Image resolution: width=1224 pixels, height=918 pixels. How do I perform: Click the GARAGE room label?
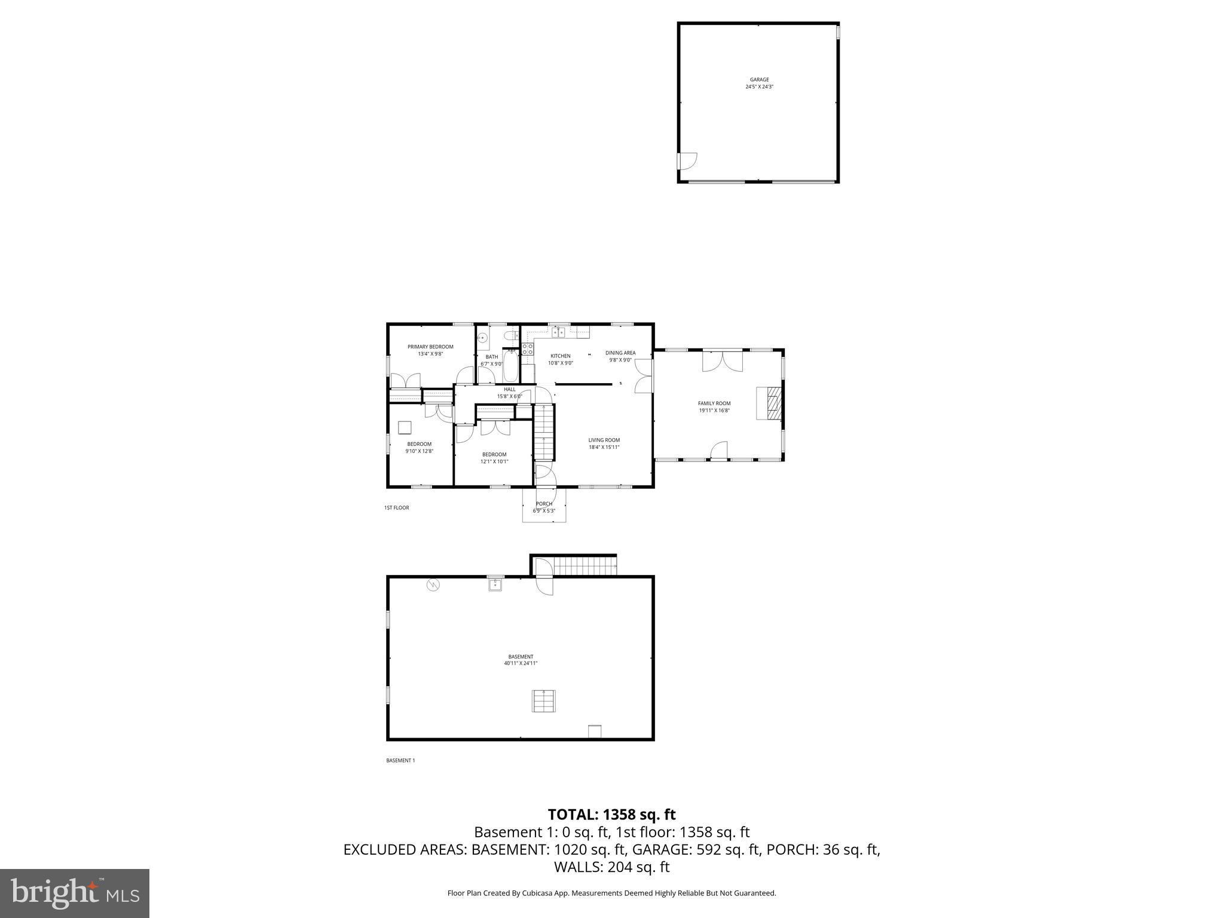point(759,79)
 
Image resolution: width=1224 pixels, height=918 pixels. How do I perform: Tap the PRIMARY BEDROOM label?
point(430,347)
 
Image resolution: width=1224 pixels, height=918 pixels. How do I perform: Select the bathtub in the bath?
point(510,366)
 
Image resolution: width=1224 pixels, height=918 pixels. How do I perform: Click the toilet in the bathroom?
point(509,335)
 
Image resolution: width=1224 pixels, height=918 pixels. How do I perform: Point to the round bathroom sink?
point(483,338)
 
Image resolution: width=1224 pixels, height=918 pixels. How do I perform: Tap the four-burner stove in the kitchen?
point(527,349)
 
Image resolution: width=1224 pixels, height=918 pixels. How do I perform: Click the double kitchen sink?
point(558,332)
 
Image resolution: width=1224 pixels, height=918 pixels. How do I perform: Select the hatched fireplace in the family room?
point(773,403)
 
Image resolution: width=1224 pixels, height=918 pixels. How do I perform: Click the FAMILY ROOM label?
point(714,403)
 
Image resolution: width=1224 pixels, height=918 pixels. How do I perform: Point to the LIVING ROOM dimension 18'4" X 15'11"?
point(604,447)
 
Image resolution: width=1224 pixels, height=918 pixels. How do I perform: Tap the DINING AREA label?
point(620,353)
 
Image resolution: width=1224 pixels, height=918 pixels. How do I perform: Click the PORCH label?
point(544,504)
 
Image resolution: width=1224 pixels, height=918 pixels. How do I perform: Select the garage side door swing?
point(688,160)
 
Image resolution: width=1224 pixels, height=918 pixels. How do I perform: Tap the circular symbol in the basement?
point(433,585)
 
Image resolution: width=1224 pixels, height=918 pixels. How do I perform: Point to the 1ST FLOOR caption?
point(397,508)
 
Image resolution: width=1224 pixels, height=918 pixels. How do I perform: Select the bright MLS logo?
point(75,893)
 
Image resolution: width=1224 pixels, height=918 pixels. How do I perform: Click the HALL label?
point(509,389)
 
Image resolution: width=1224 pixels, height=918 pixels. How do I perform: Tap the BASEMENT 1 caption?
point(400,761)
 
